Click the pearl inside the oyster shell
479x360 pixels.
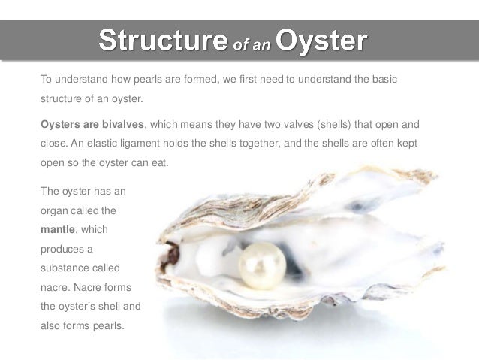(x=262, y=265)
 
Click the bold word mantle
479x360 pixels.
(x=58, y=228)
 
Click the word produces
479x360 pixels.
(x=63, y=248)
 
